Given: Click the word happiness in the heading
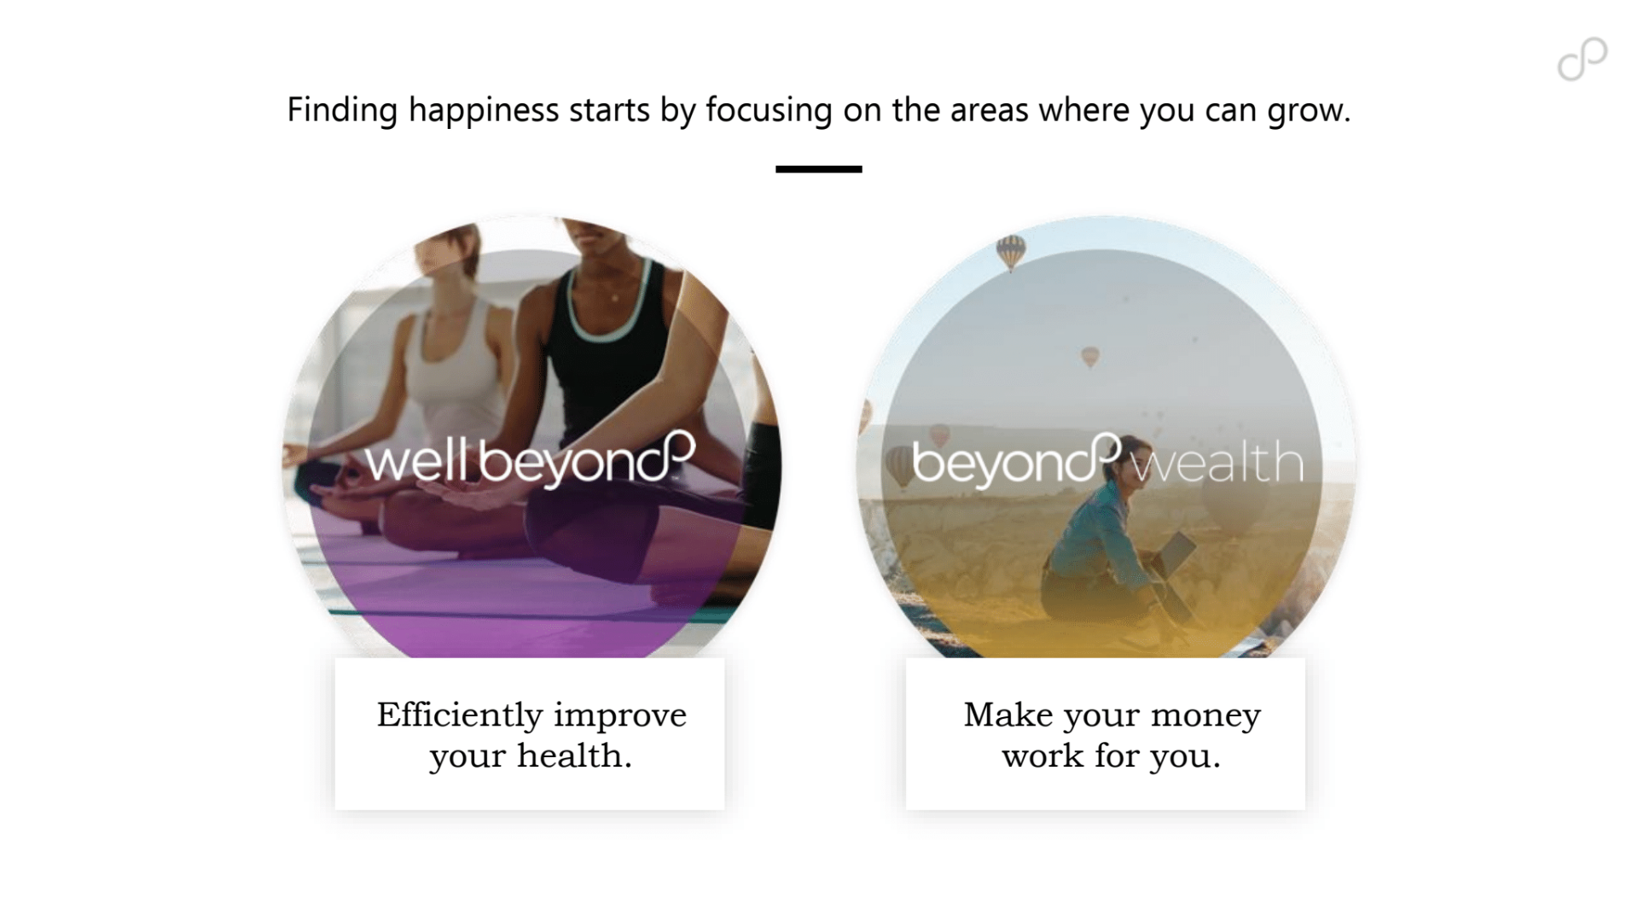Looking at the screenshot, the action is click(483, 110).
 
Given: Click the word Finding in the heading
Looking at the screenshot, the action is click(342, 110).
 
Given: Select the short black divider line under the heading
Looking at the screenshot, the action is click(819, 169).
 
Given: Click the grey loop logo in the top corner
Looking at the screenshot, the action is click(1583, 60).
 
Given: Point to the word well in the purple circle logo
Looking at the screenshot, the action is click(416, 460).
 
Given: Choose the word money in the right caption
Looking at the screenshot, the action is click(1205, 715).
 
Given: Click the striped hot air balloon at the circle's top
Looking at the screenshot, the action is click(1011, 253).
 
